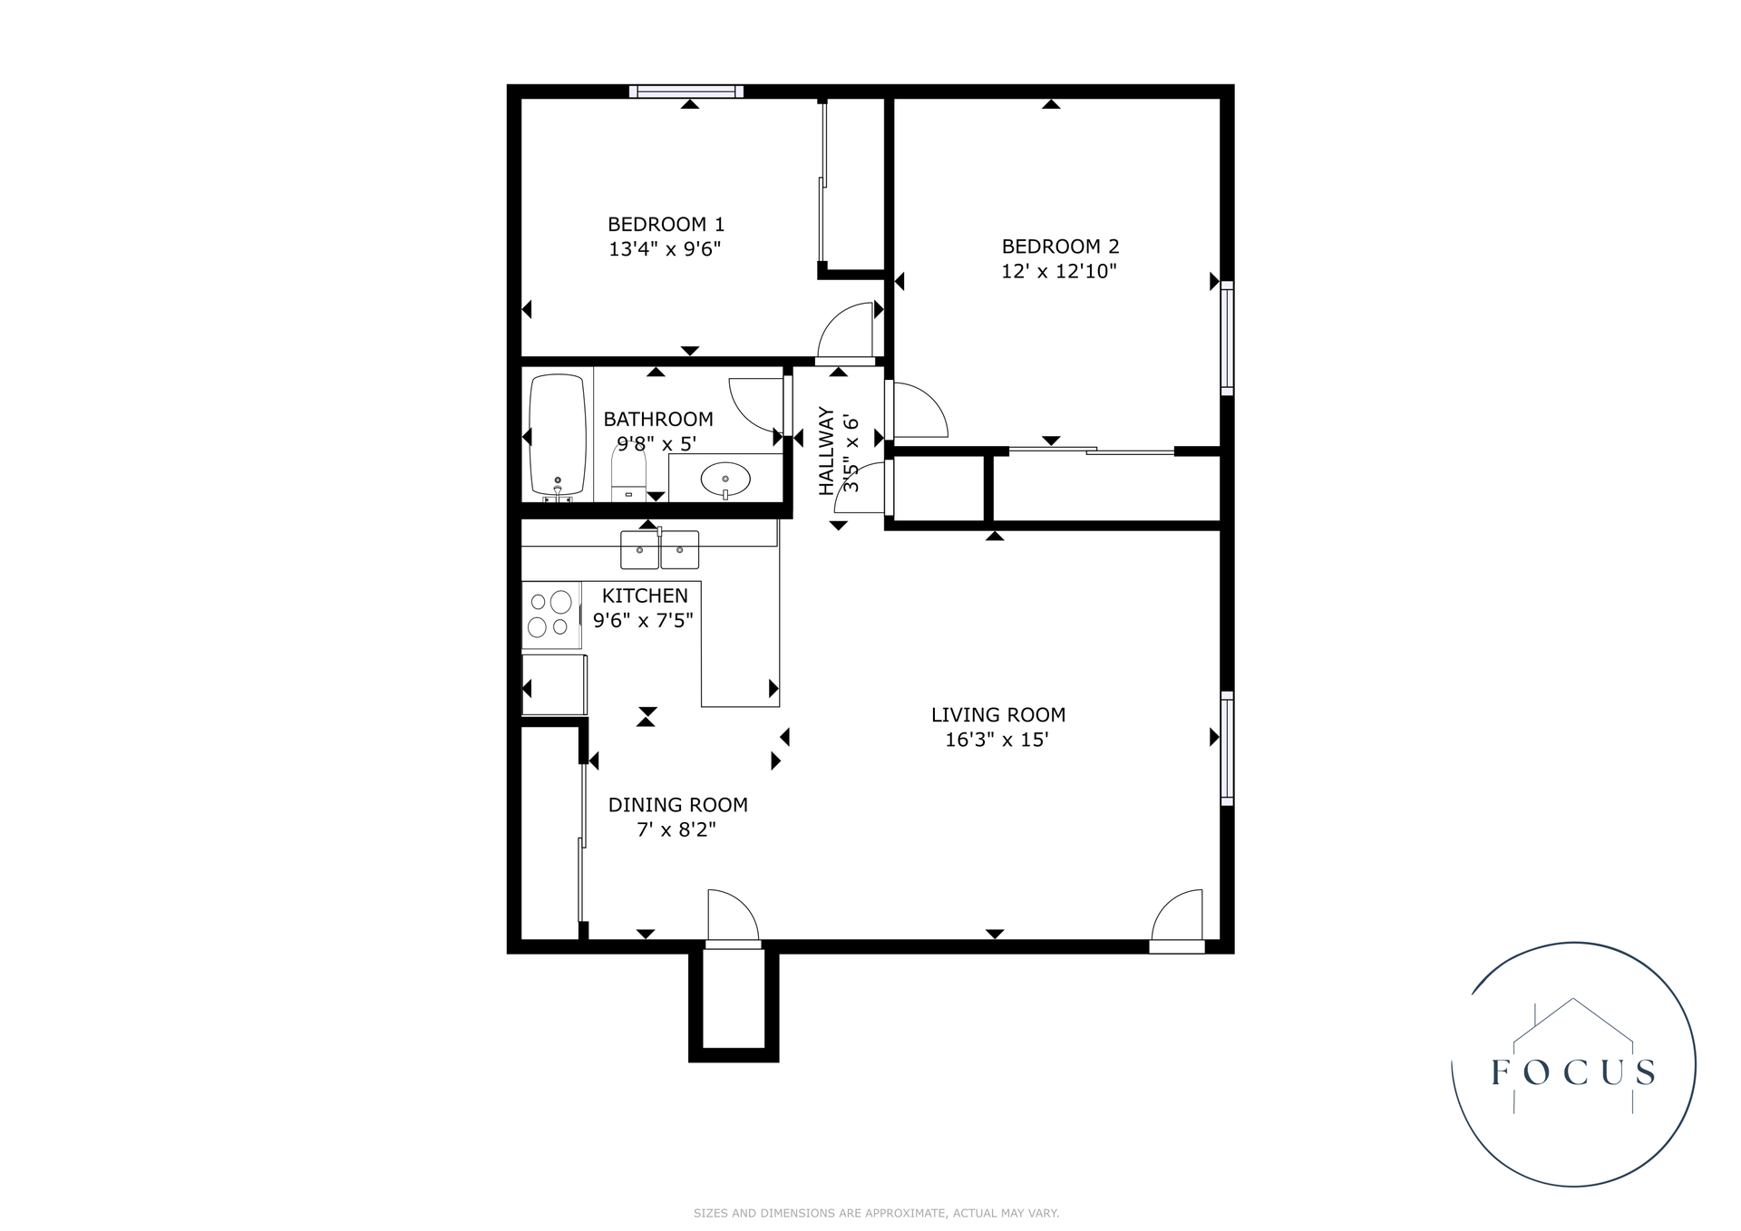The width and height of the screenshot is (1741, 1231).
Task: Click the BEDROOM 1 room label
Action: pos(666,224)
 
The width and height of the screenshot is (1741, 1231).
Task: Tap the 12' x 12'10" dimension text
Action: pos(1058,271)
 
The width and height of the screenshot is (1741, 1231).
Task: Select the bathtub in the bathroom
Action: pos(557,435)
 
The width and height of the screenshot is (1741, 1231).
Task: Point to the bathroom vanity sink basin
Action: pos(725,479)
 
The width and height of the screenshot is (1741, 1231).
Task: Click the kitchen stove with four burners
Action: pos(550,615)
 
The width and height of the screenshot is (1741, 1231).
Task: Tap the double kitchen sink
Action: pos(659,548)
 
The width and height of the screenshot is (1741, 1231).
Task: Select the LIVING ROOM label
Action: pos(997,714)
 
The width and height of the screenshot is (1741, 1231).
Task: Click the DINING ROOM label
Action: pos(677,804)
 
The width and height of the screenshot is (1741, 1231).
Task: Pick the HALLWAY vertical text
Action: pos(826,451)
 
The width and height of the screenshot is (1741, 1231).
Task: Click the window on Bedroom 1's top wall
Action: pos(686,91)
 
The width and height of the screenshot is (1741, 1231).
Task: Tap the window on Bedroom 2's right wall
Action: pos(1227,337)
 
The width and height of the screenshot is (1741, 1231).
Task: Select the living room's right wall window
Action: pos(1227,748)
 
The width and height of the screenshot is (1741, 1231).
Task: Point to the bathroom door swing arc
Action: pos(754,406)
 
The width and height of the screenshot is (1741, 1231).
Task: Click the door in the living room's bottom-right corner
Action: pos(1179,920)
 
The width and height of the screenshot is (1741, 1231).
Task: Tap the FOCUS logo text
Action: pos(1573,1072)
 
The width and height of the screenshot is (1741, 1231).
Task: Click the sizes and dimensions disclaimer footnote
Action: pos(876,1213)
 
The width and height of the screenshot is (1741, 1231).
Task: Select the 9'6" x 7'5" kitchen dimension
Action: pos(643,620)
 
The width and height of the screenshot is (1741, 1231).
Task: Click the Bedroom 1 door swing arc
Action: pos(845,331)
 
